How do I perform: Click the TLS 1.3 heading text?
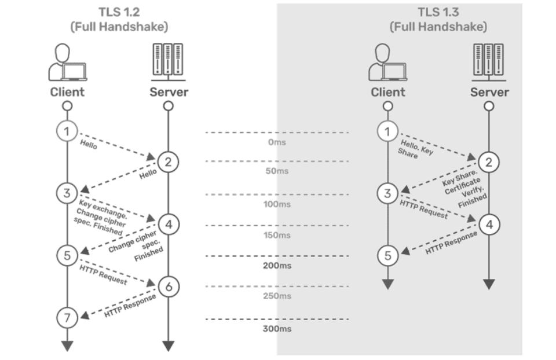point(438,12)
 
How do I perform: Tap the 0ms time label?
point(277,142)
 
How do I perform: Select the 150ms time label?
point(277,236)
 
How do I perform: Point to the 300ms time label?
point(277,329)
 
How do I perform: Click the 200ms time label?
point(277,266)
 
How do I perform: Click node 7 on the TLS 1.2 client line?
point(67,317)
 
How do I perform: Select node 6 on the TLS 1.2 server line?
point(168,286)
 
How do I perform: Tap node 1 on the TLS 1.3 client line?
point(387,131)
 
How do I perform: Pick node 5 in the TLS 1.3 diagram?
point(387,255)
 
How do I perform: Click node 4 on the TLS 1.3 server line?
point(489,224)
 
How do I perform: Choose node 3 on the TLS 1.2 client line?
point(67,193)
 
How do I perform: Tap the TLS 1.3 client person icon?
point(387,62)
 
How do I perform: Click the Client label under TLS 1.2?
point(67,92)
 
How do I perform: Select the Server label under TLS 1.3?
point(489,92)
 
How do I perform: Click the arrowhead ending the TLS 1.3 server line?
point(489,284)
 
